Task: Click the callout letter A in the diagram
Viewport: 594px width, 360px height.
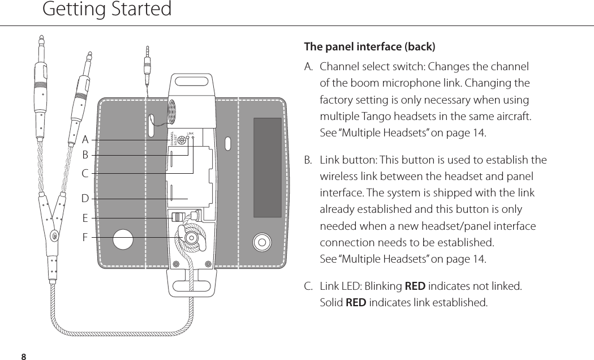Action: click(x=85, y=139)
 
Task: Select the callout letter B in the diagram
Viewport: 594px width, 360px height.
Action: click(x=85, y=155)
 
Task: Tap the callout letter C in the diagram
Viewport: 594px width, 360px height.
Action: click(x=85, y=173)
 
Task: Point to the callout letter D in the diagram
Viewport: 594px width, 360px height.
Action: click(x=85, y=199)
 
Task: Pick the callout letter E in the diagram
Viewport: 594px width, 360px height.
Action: click(x=85, y=218)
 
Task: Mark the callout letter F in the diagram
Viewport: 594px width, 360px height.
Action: click(x=85, y=237)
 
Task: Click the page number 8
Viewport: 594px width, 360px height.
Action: click(x=23, y=356)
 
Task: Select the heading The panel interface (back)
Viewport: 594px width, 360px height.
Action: click(x=369, y=46)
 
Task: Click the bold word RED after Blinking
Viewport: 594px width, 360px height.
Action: click(x=415, y=286)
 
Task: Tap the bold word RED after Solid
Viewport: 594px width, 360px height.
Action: click(x=356, y=302)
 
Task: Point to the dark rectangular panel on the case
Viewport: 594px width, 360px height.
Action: click(x=267, y=168)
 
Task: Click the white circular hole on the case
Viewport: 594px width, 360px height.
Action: click(x=123, y=239)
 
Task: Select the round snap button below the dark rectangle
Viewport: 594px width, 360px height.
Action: click(x=262, y=242)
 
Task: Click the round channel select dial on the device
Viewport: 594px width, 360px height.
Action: click(x=181, y=140)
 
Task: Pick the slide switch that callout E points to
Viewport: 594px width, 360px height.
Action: click(x=179, y=217)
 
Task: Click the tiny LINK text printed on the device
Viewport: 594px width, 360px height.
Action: click(x=190, y=134)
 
